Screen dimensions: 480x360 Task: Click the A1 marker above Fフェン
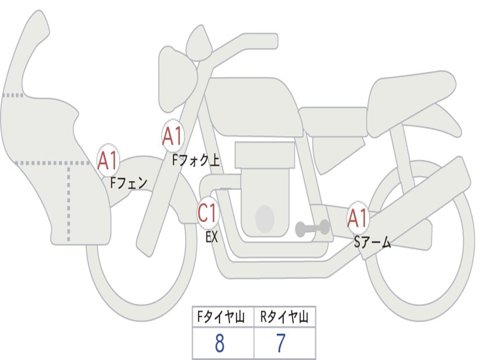pos(108,160)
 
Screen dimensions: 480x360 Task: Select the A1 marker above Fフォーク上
pos(172,136)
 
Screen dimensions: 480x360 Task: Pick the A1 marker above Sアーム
pos(358,218)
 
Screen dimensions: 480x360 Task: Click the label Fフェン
pos(128,182)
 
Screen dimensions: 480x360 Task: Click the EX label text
pos(212,237)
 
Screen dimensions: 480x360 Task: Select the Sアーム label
pos(372,242)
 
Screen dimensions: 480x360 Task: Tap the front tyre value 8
pos(219,344)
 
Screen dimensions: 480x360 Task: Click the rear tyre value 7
pos(280,344)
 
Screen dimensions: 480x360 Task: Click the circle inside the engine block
pos(264,218)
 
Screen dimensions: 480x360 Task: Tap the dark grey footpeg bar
pos(312,228)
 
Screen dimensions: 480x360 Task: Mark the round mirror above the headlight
pos(199,43)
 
